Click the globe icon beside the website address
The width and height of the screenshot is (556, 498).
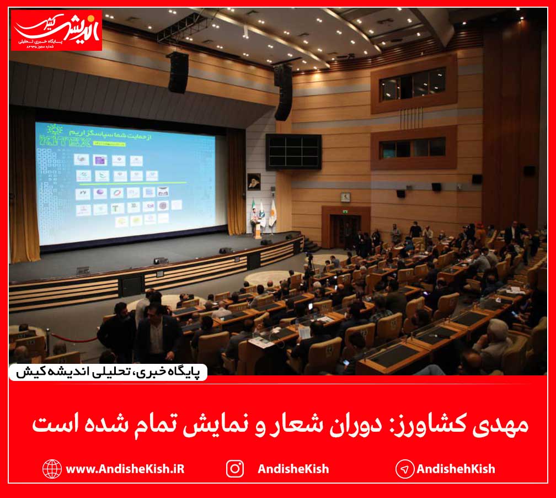52,469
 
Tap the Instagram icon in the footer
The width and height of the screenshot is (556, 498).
235,469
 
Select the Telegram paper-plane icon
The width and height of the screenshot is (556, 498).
405,469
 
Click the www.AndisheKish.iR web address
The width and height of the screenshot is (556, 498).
125,469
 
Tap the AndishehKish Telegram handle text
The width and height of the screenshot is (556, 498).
456,469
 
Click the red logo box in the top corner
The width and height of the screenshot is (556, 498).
57,30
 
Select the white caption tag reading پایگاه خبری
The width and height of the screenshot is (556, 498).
108,372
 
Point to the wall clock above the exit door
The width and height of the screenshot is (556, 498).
345,197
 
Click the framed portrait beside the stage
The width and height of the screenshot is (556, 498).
254,182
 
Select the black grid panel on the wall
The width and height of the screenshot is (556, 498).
293,151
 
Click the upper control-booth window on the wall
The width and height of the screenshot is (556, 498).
413,83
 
